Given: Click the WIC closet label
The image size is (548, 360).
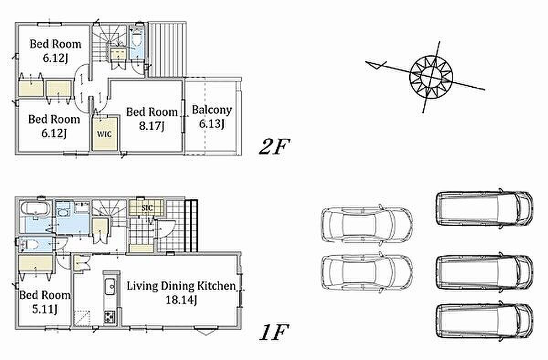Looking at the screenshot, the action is coord(104,134).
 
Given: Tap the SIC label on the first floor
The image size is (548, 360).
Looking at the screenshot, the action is coord(147,208).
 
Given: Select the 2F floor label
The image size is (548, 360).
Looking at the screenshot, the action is coord(274,147).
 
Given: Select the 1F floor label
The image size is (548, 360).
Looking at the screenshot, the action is coord(274,332).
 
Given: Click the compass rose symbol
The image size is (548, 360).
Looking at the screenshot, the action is coord(431,77).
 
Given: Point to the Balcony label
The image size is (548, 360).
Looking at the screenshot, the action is coord(212,110).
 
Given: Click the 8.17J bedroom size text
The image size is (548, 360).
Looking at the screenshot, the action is coord(152,126).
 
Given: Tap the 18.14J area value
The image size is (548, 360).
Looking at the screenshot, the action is coord(181,300).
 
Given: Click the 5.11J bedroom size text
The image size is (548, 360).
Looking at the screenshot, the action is coord(45,309).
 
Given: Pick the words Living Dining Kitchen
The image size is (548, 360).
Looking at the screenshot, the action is coord(181,286).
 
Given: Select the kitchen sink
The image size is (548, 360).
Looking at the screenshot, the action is coord(111,286).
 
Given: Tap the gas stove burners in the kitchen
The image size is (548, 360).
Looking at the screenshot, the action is coord(110,317).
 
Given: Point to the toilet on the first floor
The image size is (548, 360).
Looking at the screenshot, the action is coord(29,244).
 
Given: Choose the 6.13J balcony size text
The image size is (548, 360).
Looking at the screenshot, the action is coord(212,124).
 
